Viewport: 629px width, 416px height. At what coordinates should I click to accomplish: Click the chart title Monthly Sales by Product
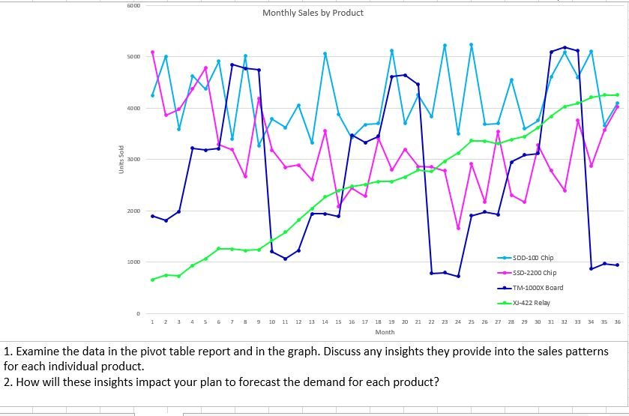click(313, 13)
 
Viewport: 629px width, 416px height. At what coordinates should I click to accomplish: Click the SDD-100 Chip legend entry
click(536, 258)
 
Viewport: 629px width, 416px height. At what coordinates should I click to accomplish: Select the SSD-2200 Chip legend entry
click(538, 273)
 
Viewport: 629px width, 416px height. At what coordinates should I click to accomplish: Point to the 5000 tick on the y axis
click(131, 57)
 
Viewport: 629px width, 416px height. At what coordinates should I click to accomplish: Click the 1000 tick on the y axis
click(131, 262)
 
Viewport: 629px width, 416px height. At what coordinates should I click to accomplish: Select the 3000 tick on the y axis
click(131, 160)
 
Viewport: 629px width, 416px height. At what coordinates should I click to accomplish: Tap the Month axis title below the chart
click(385, 331)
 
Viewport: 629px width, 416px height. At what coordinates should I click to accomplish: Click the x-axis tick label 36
click(617, 322)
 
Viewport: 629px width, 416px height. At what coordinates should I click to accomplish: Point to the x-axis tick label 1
click(152, 322)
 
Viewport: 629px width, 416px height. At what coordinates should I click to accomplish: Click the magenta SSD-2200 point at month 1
click(152, 52)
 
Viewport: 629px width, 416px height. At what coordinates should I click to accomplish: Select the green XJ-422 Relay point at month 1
click(152, 280)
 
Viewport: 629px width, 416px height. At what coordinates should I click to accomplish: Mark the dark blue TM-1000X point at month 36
click(617, 265)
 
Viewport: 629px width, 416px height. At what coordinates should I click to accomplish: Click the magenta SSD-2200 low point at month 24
click(458, 228)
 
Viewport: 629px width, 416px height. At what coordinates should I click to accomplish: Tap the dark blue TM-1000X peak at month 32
click(565, 47)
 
